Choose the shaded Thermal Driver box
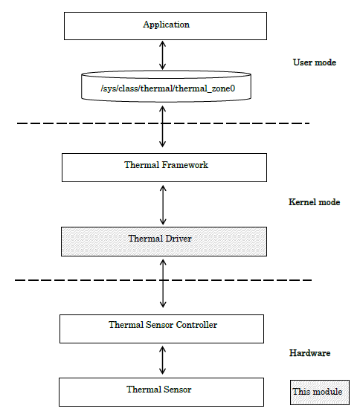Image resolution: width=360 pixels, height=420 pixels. point(163,239)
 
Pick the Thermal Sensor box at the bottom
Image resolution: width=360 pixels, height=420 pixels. point(161,390)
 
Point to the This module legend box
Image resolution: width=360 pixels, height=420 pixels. point(318,392)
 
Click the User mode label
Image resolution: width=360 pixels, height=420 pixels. point(314,62)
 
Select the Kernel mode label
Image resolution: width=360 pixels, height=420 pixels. point(314,202)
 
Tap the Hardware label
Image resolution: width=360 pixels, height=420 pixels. point(309,353)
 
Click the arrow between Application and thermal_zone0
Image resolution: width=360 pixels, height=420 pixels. point(163,56)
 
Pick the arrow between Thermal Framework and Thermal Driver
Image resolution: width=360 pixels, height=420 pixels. point(163,204)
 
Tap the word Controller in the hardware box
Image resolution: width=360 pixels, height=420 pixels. point(194,325)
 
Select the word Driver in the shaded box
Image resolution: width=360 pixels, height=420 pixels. point(179,239)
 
